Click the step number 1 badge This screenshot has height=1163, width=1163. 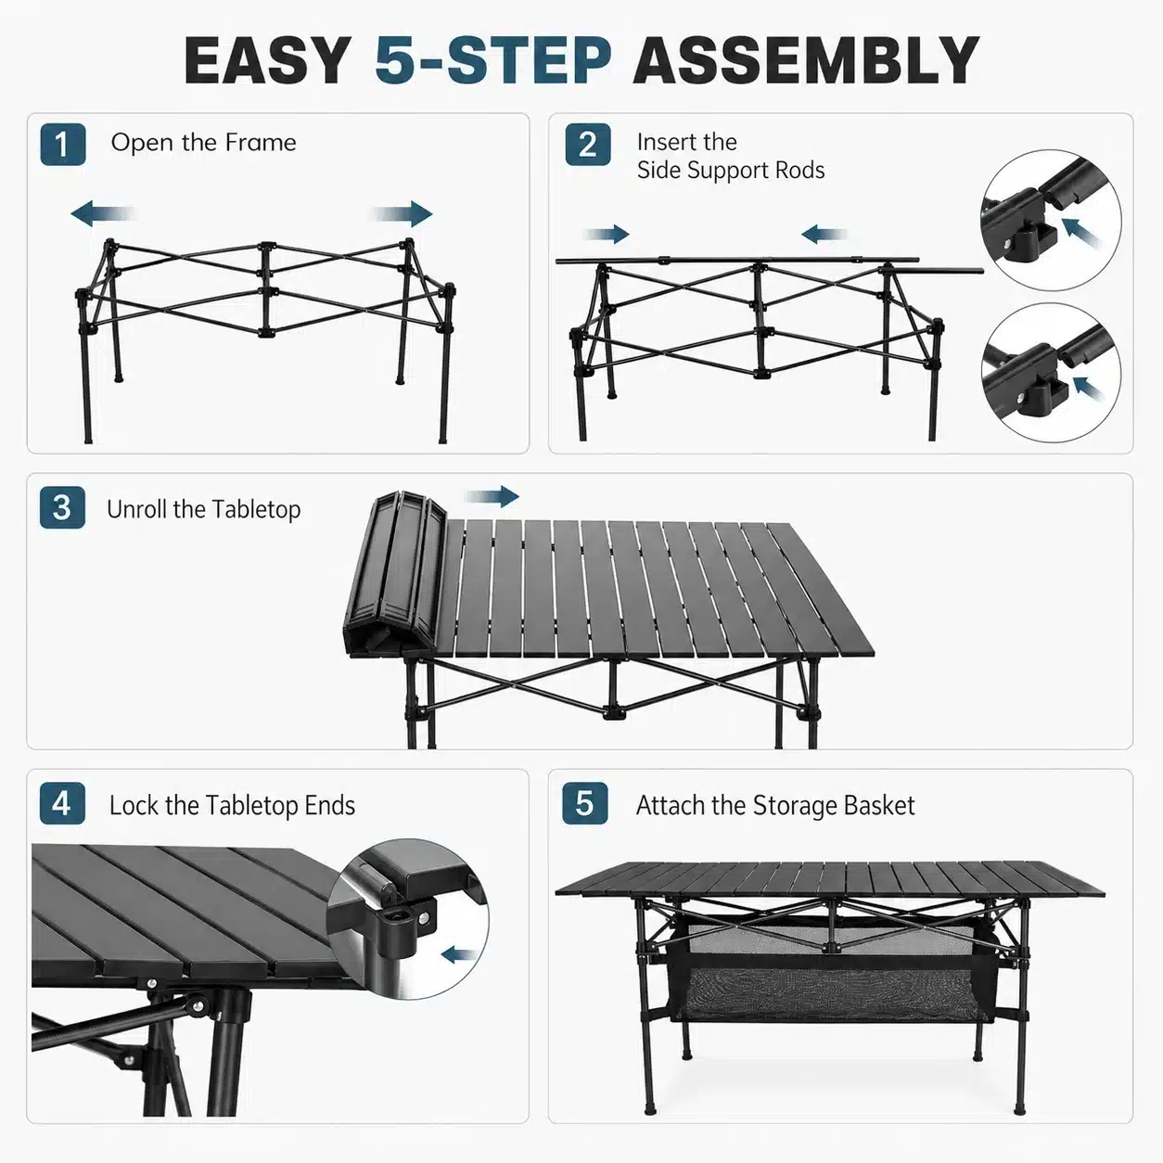(63, 145)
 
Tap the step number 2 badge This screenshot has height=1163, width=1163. (588, 145)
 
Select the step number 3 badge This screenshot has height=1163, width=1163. (62, 507)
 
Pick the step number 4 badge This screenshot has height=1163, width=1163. (62, 804)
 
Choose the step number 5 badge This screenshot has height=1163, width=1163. (585, 804)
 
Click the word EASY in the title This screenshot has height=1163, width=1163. (268, 60)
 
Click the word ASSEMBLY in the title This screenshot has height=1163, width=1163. (806, 60)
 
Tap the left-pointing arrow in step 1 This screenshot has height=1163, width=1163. (102, 213)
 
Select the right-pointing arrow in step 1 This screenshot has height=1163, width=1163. (403, 213)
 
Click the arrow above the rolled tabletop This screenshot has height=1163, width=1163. (492, 497)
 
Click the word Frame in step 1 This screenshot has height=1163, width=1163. (261, 143)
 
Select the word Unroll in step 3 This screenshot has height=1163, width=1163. (136, 509)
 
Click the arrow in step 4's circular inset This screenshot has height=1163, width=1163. (460, 954)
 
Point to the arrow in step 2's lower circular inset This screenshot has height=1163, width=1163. (1090, 389)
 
